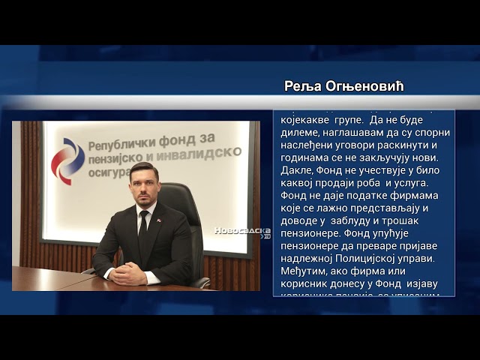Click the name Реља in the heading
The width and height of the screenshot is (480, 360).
[x=302, y=86]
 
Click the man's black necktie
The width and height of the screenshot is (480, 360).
[x=143, y=232]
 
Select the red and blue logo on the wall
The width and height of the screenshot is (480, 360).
[x=67, y=160]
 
